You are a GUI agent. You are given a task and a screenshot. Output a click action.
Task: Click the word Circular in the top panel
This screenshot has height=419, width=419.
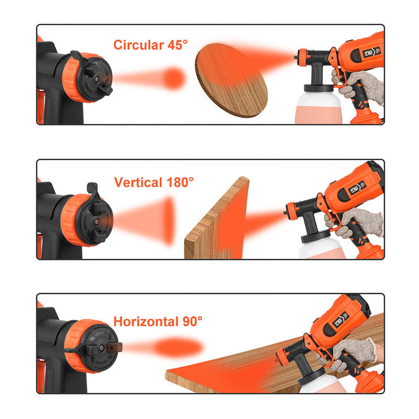pyautogui.click(x=139, y=45)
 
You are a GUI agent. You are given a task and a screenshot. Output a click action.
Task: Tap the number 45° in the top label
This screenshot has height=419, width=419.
pyautogui.click(x=178, y=45)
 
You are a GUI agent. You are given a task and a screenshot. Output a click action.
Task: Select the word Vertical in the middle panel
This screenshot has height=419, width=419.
pyautogui.click(x=138, y=182)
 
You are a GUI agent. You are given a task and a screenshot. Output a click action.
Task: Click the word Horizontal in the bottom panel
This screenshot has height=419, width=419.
pyautogui.click(x=146, y=322)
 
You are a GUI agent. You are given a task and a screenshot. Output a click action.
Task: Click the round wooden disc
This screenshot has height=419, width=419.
pyautogui.click(x=231, y=80)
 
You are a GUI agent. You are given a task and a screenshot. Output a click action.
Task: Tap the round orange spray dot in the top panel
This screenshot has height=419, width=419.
pyautogui.click(x=174, y=78)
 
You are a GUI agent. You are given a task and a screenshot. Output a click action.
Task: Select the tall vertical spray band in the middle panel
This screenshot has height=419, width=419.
pyautogui.click(x=169, y=221)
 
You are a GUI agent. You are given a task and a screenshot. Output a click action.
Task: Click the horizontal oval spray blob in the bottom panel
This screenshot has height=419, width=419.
pyautogui.click(x=178, y=347)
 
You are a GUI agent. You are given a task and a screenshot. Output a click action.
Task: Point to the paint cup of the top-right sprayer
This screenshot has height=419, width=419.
pyautogui.click(x=318, y=107)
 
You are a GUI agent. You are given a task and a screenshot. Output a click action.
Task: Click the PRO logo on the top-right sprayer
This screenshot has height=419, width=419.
pyautogui.click(x=372, y=52)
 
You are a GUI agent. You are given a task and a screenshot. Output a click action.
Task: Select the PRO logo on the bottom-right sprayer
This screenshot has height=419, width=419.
pyautogui.click(x=341, y=319)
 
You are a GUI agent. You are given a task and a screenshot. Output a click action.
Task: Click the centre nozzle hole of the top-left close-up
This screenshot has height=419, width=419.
pyautogui.click(x=97, y=79)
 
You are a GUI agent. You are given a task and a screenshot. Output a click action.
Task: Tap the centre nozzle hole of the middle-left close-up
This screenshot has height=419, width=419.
pyautogui.click(x=96, y=221)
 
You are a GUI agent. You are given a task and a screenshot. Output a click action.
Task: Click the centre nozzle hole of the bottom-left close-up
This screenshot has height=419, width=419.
pyautogui.click(x=102, y=348)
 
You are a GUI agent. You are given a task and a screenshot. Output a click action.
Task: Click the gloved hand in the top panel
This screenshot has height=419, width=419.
pyautogui.click(x=358, y=85)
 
